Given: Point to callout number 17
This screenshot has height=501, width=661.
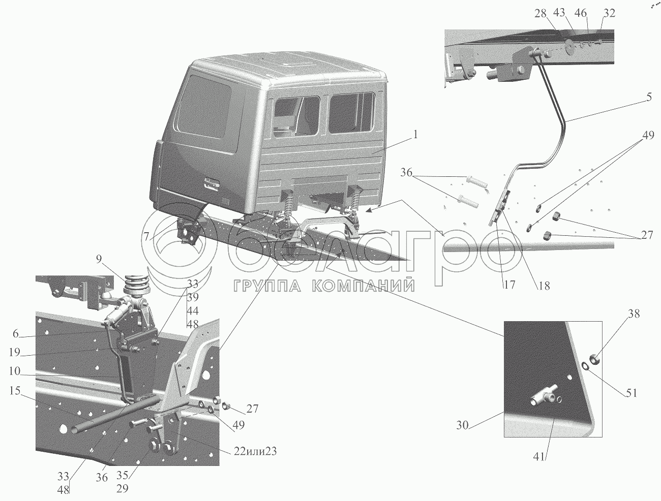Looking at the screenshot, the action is [x=509, y=285].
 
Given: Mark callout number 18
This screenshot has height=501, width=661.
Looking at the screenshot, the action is [x=544, y=285].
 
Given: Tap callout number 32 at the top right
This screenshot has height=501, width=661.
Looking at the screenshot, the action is [x=608, y=14].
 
